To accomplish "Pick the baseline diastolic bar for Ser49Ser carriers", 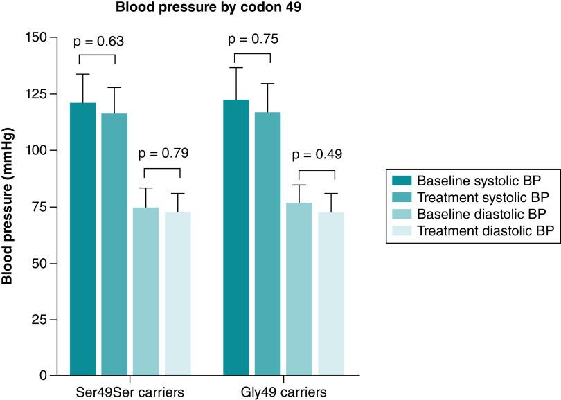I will tap(146, 291).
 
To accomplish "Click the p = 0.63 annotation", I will tap(99, 42).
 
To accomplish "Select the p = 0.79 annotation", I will tap(162, 153).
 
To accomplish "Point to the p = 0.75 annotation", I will tap(253, 39).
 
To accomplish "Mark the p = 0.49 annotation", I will tap(316, 155).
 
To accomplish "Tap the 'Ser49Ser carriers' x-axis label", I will tap(130, 392).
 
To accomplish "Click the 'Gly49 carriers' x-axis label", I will tap(283, 392).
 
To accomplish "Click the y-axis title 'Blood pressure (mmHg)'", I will tap(9, 206).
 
